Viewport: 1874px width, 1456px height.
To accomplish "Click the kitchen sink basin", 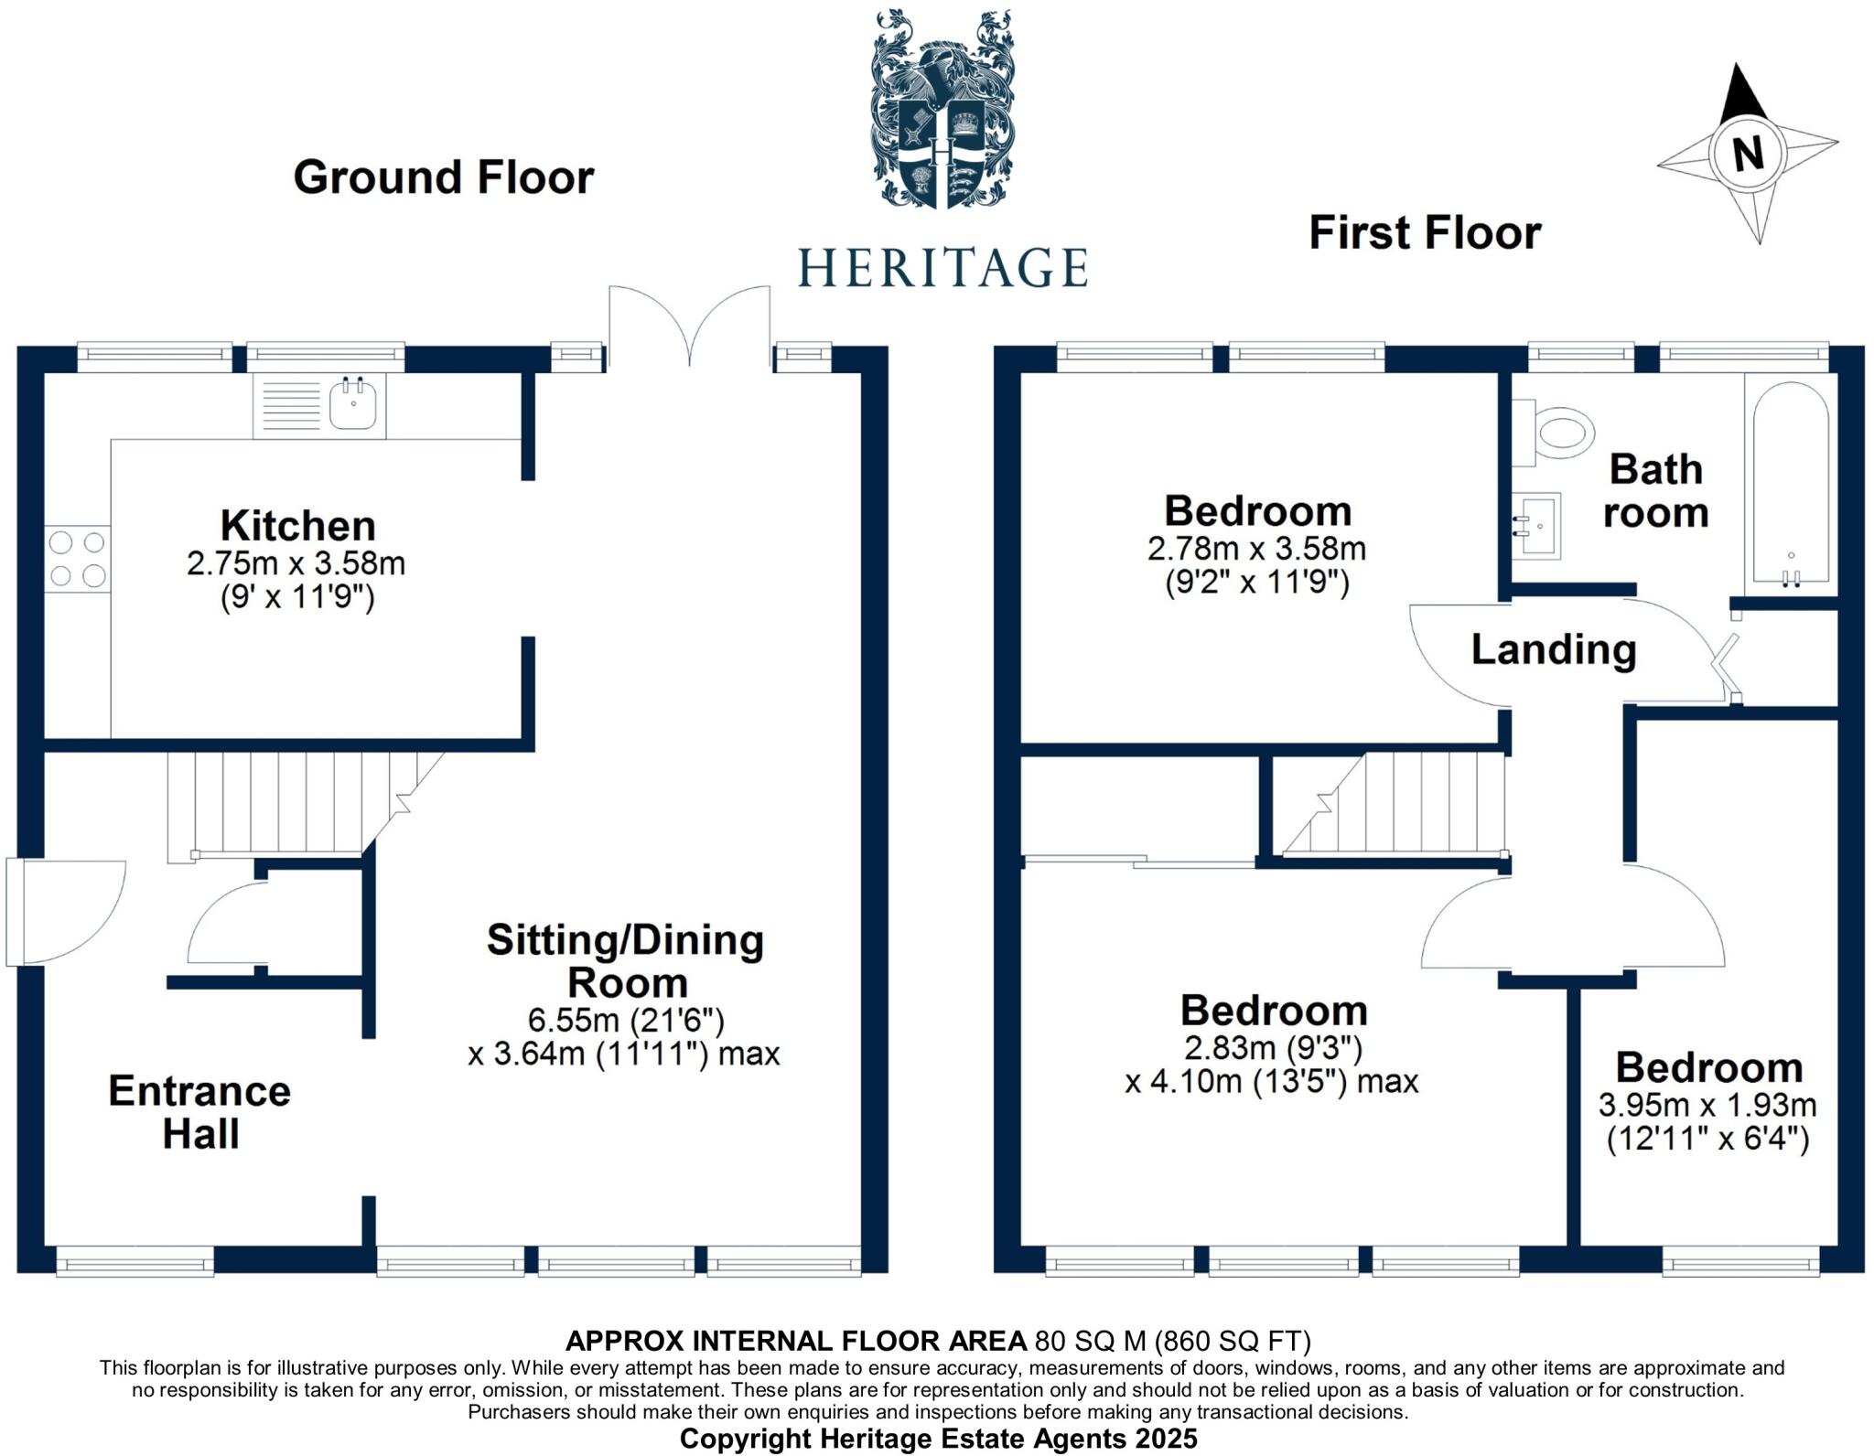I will point(352,404).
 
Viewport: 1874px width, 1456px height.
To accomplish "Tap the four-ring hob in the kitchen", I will point(77,559).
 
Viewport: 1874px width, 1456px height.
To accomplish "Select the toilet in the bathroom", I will point(1557,434).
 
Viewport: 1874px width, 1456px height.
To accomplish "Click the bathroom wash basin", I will point(1537,526).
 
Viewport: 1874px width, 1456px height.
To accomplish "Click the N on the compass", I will point(1748,152).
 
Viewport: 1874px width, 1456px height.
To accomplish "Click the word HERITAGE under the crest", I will point(942,268).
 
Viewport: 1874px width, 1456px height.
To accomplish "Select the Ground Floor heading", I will point(444,177).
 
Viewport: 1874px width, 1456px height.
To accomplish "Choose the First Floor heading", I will point(1425,232).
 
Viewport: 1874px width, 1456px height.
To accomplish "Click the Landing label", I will point(1553,649).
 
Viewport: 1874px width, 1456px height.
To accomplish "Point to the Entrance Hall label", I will point(199,1112).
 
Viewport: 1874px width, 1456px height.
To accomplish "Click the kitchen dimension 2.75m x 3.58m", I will point(296,562).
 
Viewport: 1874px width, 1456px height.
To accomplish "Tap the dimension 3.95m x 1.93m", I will point(1707,1105).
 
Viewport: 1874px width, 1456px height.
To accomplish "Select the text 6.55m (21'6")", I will point(626,1019).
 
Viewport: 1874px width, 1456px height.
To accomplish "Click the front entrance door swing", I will point(64,912).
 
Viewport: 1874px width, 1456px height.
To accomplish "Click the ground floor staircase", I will point(293,803).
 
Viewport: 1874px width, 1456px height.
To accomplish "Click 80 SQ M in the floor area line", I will point(1089,1341).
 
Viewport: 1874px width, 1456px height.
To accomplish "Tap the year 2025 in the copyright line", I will point(1165,1438).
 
